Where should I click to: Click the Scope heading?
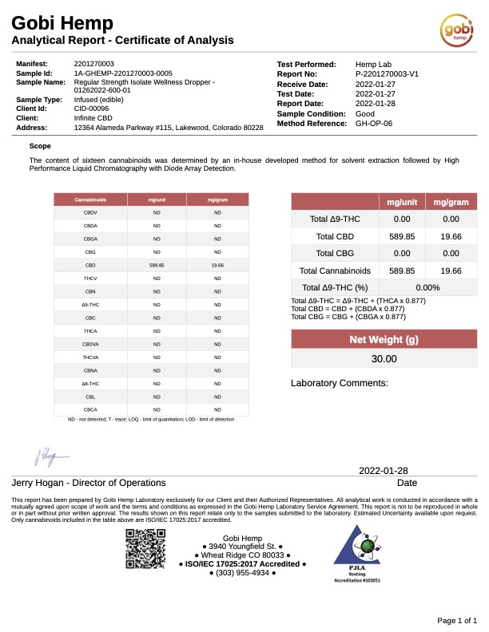[x=40, y=146]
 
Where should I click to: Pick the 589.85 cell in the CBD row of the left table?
[x=157, y=264]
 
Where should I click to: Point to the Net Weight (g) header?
[x=384, y=340]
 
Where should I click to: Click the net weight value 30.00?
[x=384, y=359]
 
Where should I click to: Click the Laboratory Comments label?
[x=339, y=383]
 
